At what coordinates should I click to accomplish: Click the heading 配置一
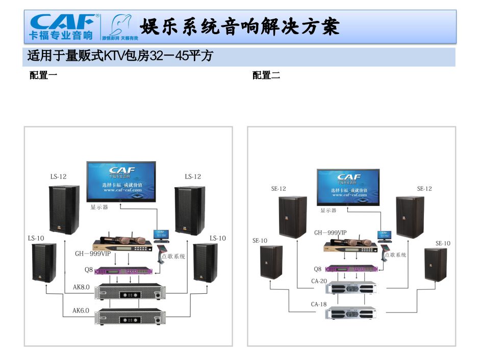pos(43,75)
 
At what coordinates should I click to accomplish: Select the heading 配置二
pos(266,75)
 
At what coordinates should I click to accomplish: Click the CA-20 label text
pos(319,281)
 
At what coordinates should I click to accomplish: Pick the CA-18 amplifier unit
pos(349,312)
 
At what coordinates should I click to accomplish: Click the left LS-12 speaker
pos(64,209)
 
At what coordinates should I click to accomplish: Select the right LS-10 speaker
pos(205,262)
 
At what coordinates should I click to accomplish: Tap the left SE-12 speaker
pos(292,216)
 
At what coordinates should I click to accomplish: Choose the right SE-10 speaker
pos(436,264)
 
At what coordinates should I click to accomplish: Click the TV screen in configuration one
pos(121,181)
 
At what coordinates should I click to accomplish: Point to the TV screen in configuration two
pos(348,187)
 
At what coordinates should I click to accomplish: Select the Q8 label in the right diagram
pos(317,269)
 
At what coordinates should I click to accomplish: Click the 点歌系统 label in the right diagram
pos(395,254)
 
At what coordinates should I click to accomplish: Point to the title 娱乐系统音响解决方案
pos(240,27)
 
